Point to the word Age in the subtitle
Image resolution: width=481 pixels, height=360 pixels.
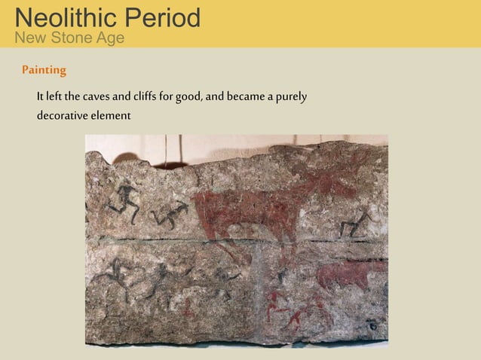click(109, 38)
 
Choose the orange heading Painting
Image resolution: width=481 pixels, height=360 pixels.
click(44, 70)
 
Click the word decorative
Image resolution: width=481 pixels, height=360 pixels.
click(63, 116)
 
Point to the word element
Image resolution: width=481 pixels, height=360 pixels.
click(112, 116)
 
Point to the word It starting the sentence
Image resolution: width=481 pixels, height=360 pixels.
click(40, 98)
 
